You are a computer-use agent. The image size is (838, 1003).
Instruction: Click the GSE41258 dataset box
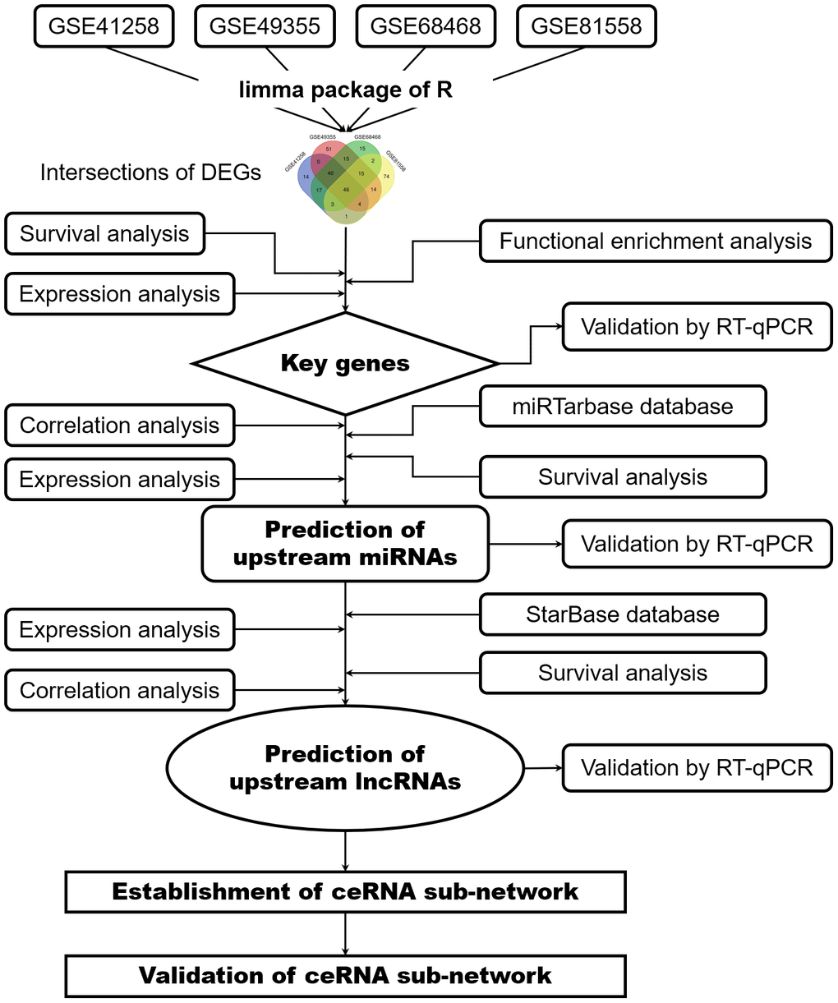pos(104,26)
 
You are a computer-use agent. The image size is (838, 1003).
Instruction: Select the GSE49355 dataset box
pos(265,26)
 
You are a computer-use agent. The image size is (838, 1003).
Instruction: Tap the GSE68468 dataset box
pos(426,26)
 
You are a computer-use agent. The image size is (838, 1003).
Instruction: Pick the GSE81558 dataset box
pos(587,26)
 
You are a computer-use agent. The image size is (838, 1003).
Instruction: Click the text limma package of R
pos(345,90)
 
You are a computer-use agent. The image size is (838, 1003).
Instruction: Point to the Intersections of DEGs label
pos(150,173)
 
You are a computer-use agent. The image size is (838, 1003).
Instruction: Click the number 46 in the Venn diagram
pos(346,190)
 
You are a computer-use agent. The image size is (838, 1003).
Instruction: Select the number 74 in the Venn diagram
pos(385,177)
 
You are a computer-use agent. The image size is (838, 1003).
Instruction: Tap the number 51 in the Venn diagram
pos(329,149)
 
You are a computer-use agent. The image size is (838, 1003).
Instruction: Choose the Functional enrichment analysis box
pos(656,241)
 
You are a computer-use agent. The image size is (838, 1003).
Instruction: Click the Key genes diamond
pos(345,363)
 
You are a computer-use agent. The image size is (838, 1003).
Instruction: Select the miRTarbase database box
pos(623,407)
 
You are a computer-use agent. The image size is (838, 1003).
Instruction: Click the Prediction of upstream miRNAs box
pos(345,543)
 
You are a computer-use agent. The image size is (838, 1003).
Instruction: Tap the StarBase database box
pos(623,614)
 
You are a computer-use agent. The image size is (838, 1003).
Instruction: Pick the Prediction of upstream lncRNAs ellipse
pos(345,767)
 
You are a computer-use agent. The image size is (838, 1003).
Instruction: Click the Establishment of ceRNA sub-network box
pos(345,891)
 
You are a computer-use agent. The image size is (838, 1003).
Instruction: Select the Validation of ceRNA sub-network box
pos(345,975)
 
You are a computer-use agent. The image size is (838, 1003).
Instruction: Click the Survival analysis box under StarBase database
pos(623,673)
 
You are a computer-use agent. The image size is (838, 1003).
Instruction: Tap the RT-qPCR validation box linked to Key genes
pos(697,327)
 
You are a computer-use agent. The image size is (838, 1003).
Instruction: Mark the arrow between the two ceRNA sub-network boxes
pos(345,933)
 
